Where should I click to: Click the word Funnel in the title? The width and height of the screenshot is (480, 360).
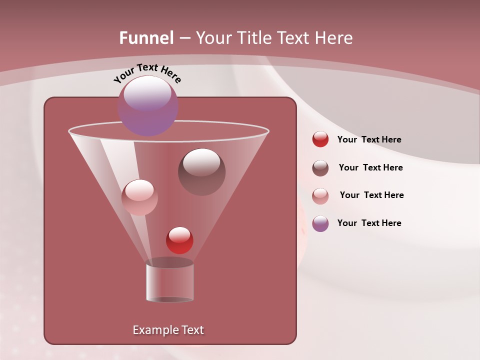(146, 38)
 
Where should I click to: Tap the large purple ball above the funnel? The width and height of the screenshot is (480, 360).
(148, 105)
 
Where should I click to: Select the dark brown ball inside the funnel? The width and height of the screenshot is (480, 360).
(201, 171)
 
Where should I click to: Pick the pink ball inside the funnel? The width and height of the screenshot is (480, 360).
(139, 197)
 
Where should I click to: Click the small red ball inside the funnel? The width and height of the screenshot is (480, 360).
(179, 240)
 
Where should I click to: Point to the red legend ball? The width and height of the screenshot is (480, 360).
(320, 139)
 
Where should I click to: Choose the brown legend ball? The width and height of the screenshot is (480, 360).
(320, 168)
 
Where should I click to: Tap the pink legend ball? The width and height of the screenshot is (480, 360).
(320, 196)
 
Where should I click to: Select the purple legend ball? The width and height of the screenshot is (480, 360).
(320, 223)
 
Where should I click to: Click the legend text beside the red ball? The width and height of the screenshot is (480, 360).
(369, 140)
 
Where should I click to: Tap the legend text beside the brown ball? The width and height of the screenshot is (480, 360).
(370, 167)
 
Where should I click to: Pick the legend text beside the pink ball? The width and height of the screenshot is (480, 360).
(371, 195)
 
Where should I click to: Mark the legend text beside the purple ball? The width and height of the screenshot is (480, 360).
(369, 223)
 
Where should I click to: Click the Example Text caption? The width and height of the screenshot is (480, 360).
(168, 330)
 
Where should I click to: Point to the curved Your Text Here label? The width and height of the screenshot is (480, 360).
(147, 72)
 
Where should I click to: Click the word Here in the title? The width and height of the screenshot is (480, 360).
(334, 38)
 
